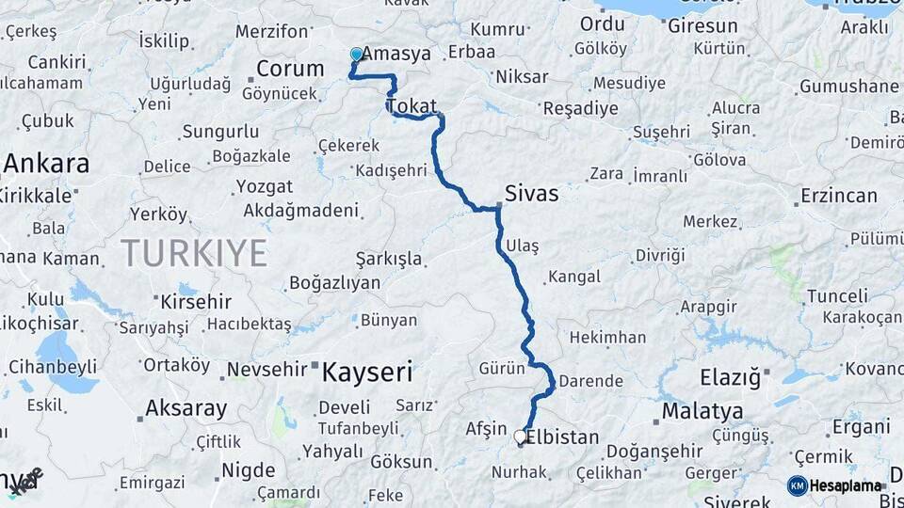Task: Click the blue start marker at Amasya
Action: point(357,55)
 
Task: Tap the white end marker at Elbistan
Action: point(520,437)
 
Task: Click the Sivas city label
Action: point(532,195)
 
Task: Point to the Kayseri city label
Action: point(367,373)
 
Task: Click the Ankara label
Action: point(47,164)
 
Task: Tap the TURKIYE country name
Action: point(193,253)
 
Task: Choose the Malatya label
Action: point(702,411)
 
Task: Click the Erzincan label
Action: point(838,197)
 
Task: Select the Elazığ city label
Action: point(730,378)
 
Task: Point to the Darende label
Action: point(590,381)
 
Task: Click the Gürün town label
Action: point(501,368)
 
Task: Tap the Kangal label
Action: point(573,277)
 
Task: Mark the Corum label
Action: point(290,69)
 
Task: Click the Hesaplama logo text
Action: point(847,485)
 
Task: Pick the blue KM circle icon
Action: point(797,485)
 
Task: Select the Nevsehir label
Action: point(266,369)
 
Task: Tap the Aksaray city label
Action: point(186,409)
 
